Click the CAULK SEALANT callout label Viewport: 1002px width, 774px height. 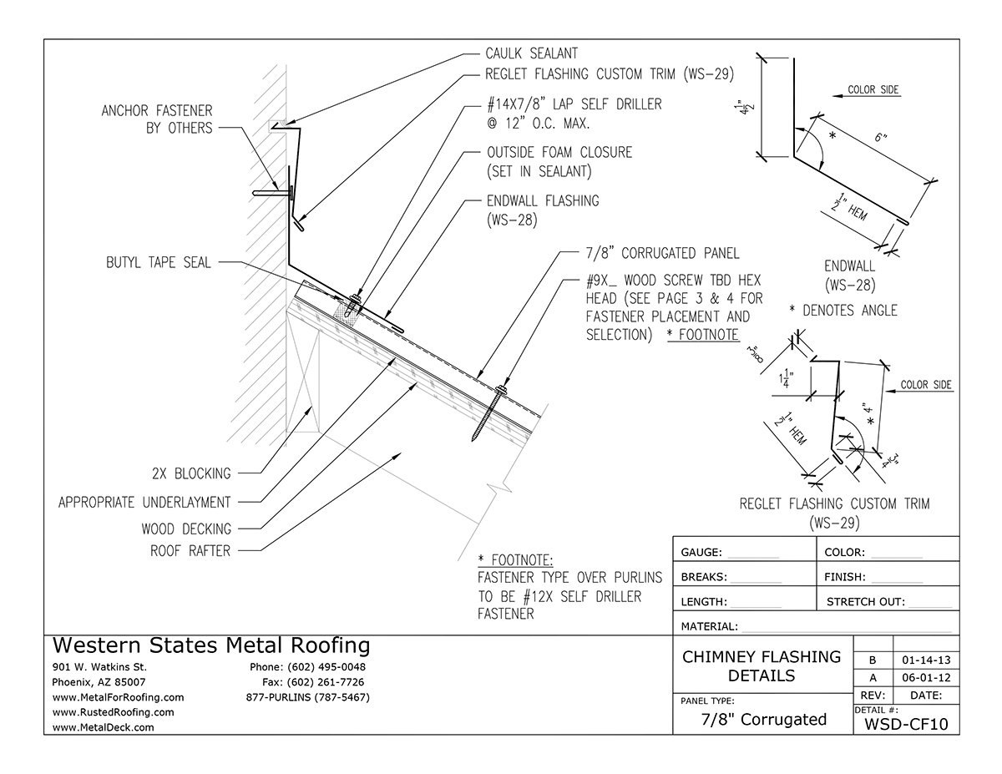[x=531, y=54]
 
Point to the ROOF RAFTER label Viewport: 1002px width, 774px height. [x=190, y=550]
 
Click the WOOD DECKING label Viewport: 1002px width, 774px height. [x=187, y=529]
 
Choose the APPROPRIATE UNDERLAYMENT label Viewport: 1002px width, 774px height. [x=144, y=502]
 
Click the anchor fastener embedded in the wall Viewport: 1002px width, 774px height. [x=271, y=194]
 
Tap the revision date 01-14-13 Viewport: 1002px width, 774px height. [x=925, y=660]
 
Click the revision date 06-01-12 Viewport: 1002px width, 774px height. [x=925, y=677]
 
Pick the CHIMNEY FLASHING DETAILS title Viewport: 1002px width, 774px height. [x=762, y=665]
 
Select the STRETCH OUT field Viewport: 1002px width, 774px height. [x=888, y=601]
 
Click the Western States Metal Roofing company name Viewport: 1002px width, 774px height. [x=210, y=645]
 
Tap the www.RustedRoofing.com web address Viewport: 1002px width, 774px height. [x=113, y=712]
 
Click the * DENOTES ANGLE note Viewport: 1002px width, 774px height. [x=843, y=311]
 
